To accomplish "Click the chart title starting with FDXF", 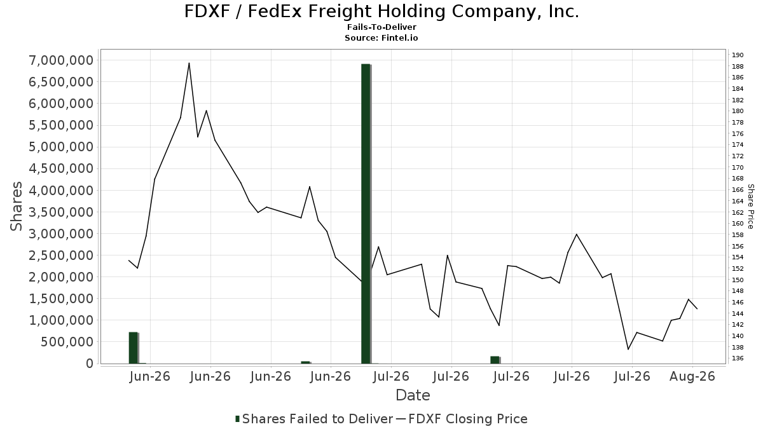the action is [x=381, y=11].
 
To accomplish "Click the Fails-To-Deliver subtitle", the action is [x=381, y=27].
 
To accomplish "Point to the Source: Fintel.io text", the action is [x=381, y=37].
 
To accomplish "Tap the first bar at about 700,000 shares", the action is [x=134, y=348].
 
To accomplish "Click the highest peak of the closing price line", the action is [x=189, y=63].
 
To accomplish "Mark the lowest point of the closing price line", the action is [x=628, y=350].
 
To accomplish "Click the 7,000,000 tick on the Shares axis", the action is [x=61, y=60].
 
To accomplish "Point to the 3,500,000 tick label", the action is [x=61, y=212].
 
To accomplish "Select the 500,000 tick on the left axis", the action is [x=67, y=342].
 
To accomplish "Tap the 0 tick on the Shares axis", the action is [x=90, y=364].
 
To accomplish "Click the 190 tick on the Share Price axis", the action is [x=738, y=55].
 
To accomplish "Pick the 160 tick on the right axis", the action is [x=738, y=223].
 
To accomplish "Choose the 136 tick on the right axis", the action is [x=738, y=358].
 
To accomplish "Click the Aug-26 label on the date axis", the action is [x=692, y=376].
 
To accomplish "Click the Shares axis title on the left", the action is [x=16, y=207].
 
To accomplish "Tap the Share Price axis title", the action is [x=750, y=207].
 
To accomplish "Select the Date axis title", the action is [x=413, y=395].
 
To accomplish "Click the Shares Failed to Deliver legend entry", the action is [x=314, y=419].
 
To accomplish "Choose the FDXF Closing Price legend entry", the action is [x=462, y=419].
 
